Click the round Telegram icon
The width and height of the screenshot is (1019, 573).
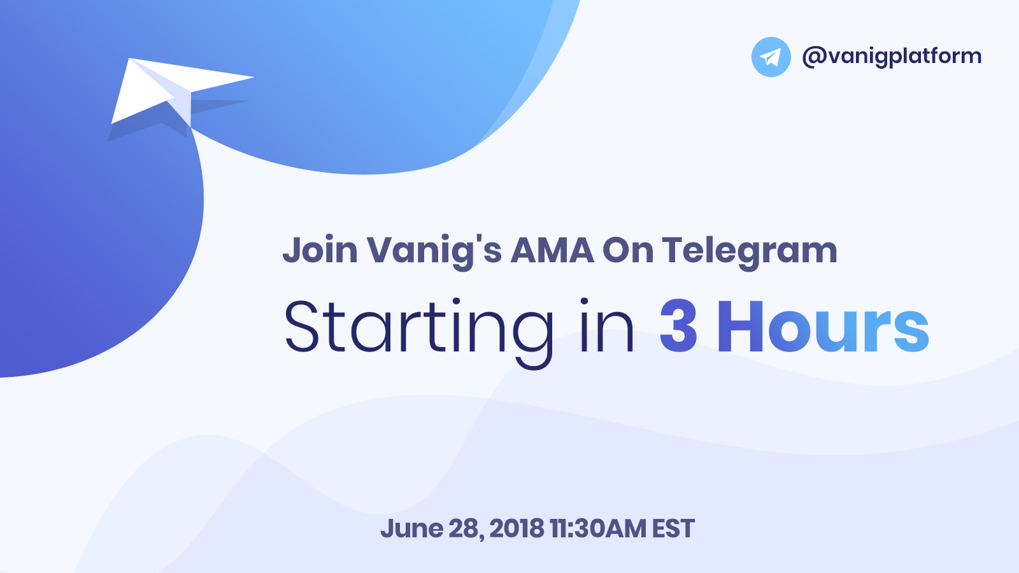(771, 57)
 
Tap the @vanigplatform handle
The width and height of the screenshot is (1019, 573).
(892, 57)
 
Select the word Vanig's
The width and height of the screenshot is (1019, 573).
(434, 251)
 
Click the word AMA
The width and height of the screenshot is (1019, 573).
(552, 250)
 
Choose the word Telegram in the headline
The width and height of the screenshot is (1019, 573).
(749, 252)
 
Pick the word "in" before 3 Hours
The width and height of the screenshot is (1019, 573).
(607, 325)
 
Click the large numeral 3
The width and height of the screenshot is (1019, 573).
(678, 327)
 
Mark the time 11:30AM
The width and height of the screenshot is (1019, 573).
(598, 528)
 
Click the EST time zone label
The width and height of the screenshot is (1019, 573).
(673, 528)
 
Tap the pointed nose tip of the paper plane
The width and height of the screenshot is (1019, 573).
(253, 77)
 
